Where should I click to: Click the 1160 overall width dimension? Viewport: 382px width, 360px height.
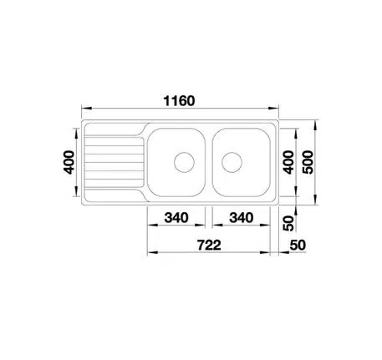click(179, 101)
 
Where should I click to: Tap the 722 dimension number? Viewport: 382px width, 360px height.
click(209, 245)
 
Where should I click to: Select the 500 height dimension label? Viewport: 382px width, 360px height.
click(308, 162)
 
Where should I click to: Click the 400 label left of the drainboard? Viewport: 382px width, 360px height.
click(69, 162)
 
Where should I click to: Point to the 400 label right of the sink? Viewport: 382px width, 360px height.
click(288, 162)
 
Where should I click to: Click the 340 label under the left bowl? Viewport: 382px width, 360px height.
click(176, 218)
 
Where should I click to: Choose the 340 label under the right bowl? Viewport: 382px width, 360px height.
click(242, 218)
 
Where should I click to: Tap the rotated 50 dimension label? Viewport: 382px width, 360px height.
click(288, 223)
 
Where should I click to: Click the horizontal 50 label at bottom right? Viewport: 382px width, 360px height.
click(298, 245)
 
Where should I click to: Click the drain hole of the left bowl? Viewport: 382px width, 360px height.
click(184, 162)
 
